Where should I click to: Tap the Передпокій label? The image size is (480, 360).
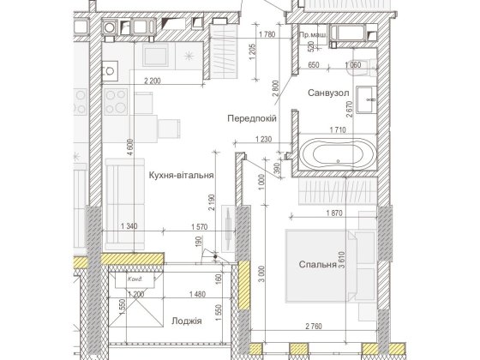click(x=251, y=118)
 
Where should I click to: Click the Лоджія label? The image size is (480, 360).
click(x=186, y=321)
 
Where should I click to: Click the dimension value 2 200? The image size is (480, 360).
click(x=155, y=81)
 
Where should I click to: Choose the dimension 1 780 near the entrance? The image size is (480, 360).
click(x=266, y=34)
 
